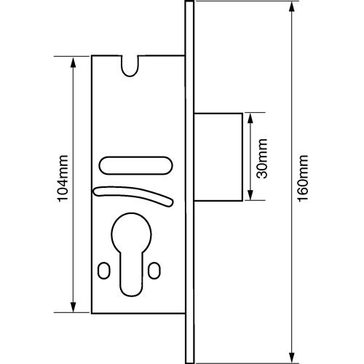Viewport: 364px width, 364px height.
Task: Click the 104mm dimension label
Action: tap(63, 178)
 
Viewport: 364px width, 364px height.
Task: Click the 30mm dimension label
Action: tap(262, 159)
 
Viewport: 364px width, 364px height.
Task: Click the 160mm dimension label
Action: tap(303, 178)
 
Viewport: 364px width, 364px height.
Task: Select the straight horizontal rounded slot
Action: tap(135, 165)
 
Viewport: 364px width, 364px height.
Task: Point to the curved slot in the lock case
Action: tap(133, 194)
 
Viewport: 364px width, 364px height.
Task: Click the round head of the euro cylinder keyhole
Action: tap(131, 233)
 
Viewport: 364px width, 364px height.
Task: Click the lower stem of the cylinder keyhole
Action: tap(131, 274)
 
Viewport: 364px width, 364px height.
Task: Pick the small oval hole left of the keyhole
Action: tap(104, 270)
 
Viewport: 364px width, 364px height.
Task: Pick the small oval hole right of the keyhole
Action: tap(154, 270)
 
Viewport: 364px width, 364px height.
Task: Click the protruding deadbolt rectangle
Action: tap(218, 157)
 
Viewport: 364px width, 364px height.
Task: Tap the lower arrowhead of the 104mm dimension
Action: tap(73, 307)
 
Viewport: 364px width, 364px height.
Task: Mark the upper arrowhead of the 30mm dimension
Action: tap(250, 119)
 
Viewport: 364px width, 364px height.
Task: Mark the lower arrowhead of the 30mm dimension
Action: tap(250, 195)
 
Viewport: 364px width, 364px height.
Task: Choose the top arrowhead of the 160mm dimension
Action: tap(292, 7)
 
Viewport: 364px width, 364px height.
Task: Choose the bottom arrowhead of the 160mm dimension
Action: tap(292, 357)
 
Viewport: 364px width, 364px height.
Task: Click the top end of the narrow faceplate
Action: tap(189, 1)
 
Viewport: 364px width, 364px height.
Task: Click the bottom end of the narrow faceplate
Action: tap(189, 363)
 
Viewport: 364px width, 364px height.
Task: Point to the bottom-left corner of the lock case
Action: tap(92, 314)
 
